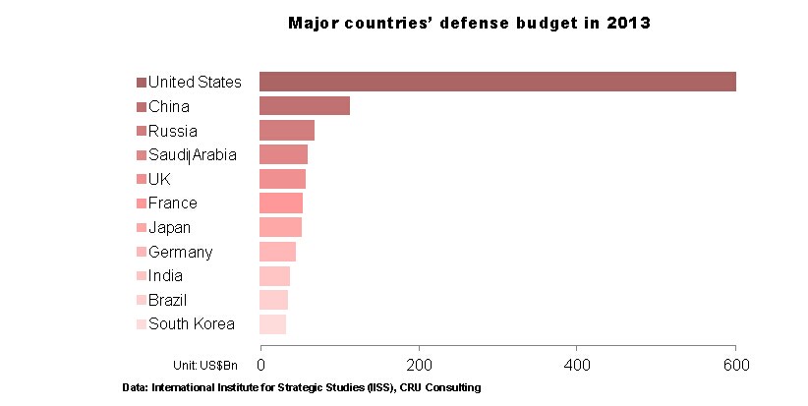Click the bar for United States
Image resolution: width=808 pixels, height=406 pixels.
click(x=497, y=82)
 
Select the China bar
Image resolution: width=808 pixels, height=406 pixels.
click(x=305, y=106)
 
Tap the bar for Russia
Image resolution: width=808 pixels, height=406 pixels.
click(x=287, y=131)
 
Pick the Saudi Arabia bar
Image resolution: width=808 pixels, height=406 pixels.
click(x=283, y=154)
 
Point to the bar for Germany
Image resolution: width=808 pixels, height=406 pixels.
click(x=277, y=252)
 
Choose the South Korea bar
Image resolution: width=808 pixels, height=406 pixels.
click(x=272, y=324)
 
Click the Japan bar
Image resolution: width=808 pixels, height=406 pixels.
click(x=280, y=227)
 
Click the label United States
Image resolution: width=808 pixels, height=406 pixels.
click(x=195, y=82)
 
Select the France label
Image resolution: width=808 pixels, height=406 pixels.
click(x=172, y=203)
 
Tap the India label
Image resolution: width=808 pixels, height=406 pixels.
click(x=165, y=276)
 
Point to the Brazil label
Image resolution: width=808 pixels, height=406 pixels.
click(x=167, y=300)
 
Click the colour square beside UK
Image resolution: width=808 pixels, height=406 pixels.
click(x=142, y=180)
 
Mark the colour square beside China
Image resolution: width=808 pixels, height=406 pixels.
click(x=142, y=107)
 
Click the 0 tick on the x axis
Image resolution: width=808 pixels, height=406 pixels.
click(x=260, y=365)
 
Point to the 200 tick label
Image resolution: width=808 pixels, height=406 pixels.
click(x=420, y=365)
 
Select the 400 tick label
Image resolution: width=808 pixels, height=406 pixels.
click(x=578, y=365)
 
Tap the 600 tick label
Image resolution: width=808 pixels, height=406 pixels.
click(x=735, y=365)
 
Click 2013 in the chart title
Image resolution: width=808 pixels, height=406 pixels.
click(x=628, y=23)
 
